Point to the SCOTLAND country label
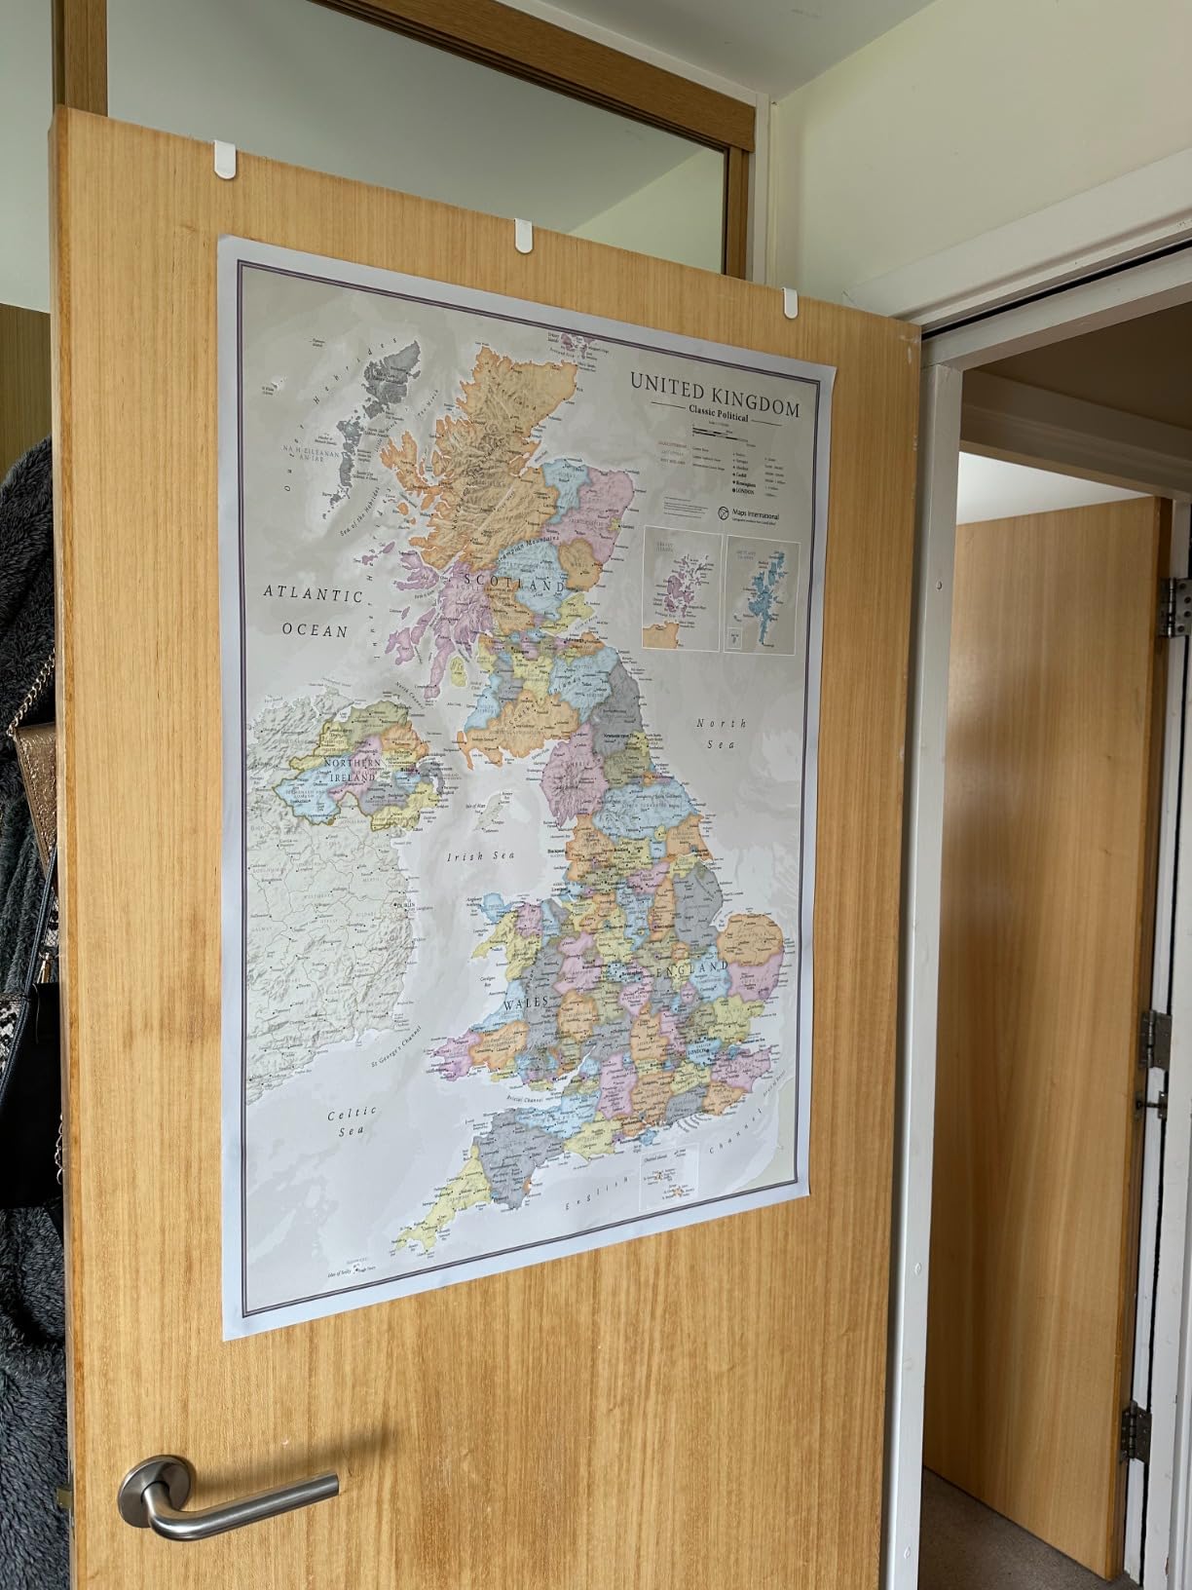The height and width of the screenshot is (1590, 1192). point(516,582)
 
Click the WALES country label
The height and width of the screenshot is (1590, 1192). point(526,1002)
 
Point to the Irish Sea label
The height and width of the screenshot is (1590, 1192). point(479,857)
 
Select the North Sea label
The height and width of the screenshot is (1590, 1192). point(721,733)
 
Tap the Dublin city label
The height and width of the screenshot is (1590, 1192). point(402,906)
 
